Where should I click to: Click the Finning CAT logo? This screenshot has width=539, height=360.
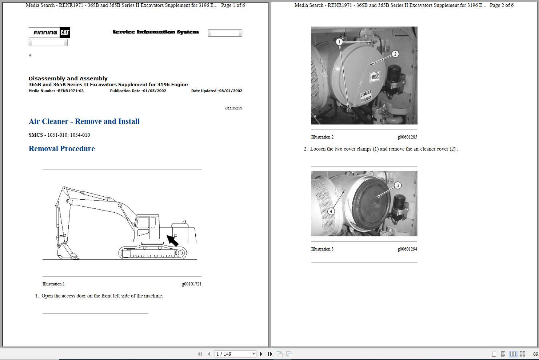click(49, 32)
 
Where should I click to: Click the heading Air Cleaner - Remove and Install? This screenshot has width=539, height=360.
click(84, 121)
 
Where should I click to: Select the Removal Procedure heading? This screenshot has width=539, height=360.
click(61, 149)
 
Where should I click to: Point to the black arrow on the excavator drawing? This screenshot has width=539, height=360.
click(172, 240)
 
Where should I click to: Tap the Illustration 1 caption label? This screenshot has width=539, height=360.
click(53, 284)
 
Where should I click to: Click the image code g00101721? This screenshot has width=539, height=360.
click(191, 284)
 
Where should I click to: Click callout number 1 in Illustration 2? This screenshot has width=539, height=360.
click(339, 42)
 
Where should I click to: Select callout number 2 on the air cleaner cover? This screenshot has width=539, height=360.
click(395, 54)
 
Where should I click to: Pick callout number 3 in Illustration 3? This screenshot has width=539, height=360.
click(398, 185)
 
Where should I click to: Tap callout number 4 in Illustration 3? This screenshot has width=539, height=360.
click(331, 211)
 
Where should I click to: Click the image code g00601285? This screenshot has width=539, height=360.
click(407, 137)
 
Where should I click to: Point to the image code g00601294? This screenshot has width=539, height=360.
click(407, 249)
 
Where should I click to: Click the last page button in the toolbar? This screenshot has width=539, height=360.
click(270, 354)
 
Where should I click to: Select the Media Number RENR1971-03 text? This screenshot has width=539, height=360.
click(56, 91)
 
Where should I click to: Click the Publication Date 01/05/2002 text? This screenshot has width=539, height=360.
click(138, 91)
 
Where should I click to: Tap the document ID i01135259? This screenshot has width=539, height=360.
click(233, 108)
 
